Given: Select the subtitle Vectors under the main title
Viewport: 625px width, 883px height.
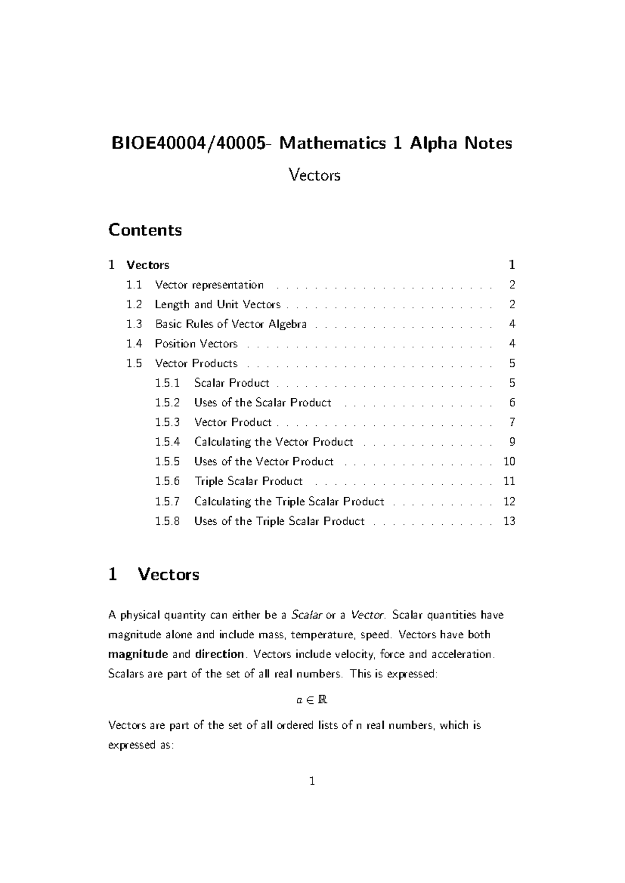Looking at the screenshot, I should point(314,175).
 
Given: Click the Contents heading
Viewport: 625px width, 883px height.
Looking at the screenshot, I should point(145,230).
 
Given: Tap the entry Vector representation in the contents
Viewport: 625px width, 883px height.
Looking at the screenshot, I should point(209,285).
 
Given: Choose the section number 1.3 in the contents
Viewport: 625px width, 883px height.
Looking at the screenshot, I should point(134,324).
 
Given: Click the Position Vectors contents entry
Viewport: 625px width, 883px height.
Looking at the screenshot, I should point(196,344).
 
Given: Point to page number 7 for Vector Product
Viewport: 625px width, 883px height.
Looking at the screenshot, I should point(512,422).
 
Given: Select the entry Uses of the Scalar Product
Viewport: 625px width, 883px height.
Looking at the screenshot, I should point(262,402).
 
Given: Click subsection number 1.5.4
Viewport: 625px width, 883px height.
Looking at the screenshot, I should point(167,442).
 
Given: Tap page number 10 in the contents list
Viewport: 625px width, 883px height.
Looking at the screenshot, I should point(509,462).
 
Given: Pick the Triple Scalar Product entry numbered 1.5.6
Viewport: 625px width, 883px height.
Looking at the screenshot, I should point(248,481).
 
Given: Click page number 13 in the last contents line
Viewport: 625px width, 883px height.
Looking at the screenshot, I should point(509,521).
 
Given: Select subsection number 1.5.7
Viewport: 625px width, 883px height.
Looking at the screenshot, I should point(167,501).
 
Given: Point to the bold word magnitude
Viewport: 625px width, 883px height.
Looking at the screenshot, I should point(137,654).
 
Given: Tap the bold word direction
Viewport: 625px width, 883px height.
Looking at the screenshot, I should point(219,654).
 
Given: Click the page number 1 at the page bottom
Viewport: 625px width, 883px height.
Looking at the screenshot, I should point(312,781).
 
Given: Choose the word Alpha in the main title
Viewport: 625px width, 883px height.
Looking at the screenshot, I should point(433,143).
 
